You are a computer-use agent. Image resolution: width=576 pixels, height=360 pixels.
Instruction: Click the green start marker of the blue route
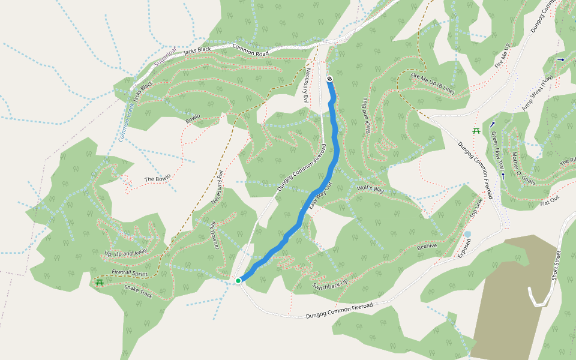coord(238,280)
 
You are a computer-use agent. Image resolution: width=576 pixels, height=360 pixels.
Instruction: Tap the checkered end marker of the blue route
coord(329,79)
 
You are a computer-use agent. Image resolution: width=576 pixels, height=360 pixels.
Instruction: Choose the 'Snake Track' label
coord(138,292)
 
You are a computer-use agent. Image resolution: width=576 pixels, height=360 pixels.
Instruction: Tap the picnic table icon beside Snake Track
coord(99,281)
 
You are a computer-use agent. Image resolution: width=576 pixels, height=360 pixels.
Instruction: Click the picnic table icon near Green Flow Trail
coord(476,130)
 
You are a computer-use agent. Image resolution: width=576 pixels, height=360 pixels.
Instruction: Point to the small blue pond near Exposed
coord(467,234)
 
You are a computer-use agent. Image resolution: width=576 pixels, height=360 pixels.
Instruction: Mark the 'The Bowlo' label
coord(158,178)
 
